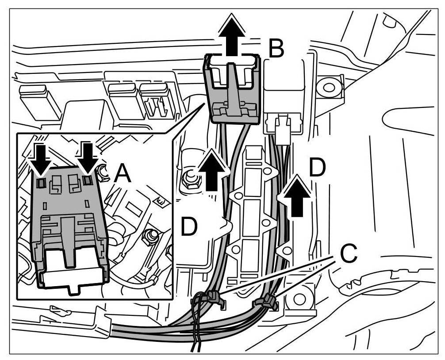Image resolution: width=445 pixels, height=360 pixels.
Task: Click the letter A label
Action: (122, 175)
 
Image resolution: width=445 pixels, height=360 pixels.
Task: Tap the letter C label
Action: (348, 254)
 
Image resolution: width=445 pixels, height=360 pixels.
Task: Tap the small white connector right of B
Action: (282, 128)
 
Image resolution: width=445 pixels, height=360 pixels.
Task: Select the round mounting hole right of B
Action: (329, 87)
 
